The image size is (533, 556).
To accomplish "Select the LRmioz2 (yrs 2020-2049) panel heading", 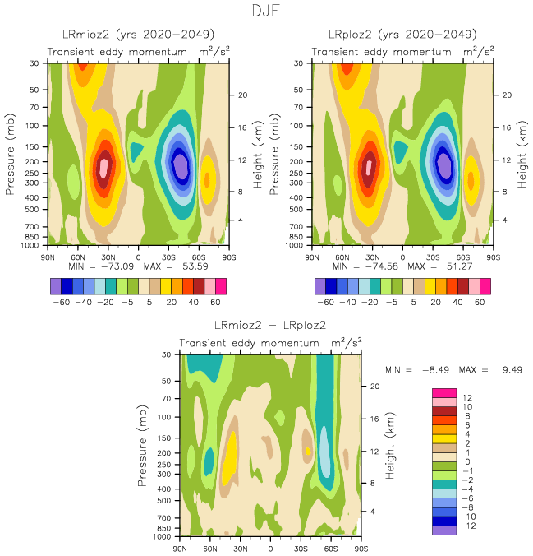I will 139,35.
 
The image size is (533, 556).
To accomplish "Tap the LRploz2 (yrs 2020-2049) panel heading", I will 402,35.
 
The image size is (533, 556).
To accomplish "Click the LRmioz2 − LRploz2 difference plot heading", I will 270,326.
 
